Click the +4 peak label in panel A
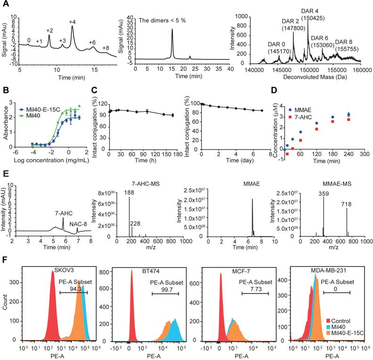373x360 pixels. pos(72,22)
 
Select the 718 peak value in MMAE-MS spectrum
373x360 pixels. pos(347,203)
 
